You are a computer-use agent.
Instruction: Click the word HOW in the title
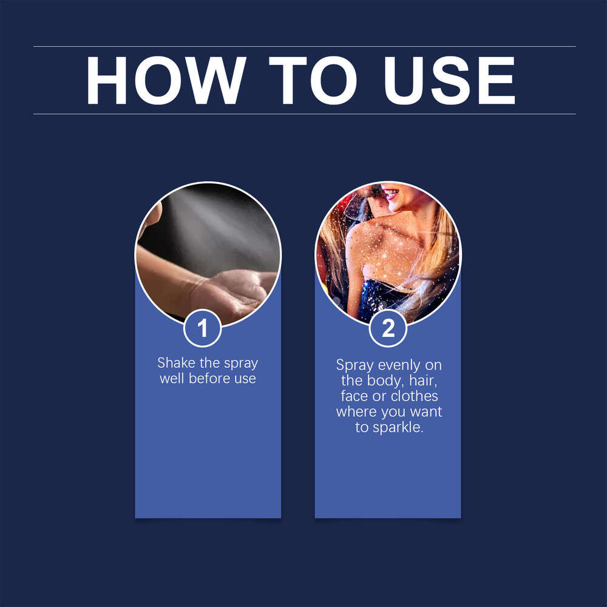(x=166, y=80)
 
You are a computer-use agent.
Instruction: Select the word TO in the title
(x=313, y=80)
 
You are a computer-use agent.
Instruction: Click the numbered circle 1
(x=203, y=328)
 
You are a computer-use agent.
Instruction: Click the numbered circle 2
(x=388, y=328)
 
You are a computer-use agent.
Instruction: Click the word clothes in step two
(x=414, y=396)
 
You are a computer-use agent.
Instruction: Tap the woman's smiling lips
(x=392, y=193)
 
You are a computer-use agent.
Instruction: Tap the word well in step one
(x=172, y=379)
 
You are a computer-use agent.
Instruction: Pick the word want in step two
(x=426, y=412)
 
